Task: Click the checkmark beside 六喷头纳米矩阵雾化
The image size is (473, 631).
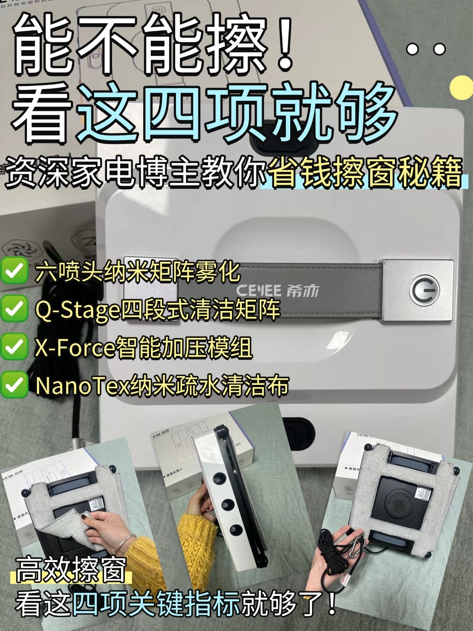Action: point(14,271)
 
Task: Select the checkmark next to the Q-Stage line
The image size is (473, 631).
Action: point(14,308)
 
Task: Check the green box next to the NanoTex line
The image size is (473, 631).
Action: point(14,384)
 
